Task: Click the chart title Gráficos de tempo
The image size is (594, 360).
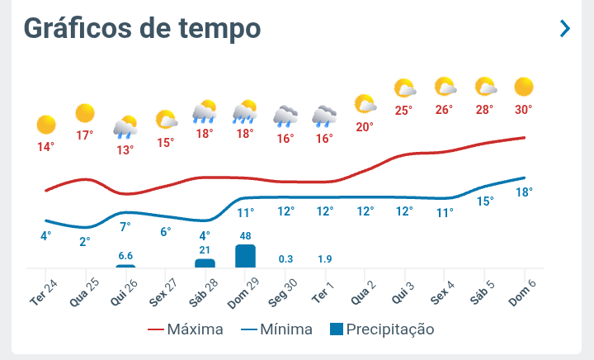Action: pyautogui.click(x=142, y=29)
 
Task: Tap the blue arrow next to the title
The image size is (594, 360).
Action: pyautogui.click(x=565, y=29)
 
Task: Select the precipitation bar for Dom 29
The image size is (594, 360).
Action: pyautogui.click(x=245, y=256)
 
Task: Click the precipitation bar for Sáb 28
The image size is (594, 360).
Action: pyautogui.click(x=205, y=263)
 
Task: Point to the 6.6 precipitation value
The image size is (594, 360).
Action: pyautogui.click(x=125, y=255)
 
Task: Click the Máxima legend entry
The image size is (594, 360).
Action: pyautogui.click(x=186, y=329)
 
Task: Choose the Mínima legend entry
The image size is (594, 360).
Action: pyautogui.click(x=276, y=329)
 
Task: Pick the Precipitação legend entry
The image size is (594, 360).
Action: pyautogui.click(x=381, y=329)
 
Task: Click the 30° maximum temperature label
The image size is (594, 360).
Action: pyautogui.click(x=524, y=109)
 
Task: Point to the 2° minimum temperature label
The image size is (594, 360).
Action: pyautogui.click(x=85, y=241)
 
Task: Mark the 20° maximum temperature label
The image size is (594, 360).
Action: pyautogui.click(x=365, y=127)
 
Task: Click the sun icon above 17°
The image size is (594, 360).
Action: pyautogui.click(x=85, y=113)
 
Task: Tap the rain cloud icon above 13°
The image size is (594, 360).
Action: pyautogui.click(x=125, y=126)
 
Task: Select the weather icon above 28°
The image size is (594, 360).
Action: pyautogui.click(x=485, y=87)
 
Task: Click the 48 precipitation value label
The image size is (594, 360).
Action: pyautogui.click(x=245, y=235)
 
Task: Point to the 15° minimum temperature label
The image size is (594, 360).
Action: pyautogui.click(x=485, y=201)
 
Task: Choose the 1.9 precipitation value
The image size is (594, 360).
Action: pyautogui.click(x=325, y=259)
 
